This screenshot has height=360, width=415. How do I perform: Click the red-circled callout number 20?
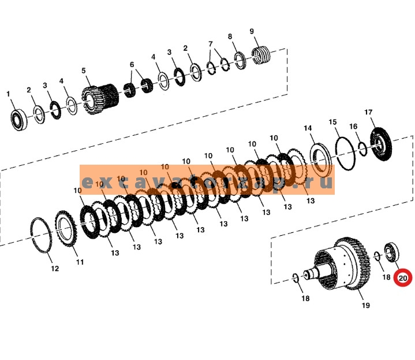[x=402, y=278]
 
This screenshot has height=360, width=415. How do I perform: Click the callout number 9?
[x=252, y=31]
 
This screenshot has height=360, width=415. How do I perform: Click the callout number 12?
[x=54, y=269]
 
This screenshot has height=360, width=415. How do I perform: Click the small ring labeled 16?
[x=362, y=149]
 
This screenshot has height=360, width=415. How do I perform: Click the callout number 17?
[x=369, y=112]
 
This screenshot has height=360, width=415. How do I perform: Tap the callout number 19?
[x=365, y=305]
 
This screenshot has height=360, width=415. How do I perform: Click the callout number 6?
[x=132, y=65]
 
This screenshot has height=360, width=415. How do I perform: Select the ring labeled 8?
[x=240, y=60]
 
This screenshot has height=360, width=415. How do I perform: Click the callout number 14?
[x=308, y=128]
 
